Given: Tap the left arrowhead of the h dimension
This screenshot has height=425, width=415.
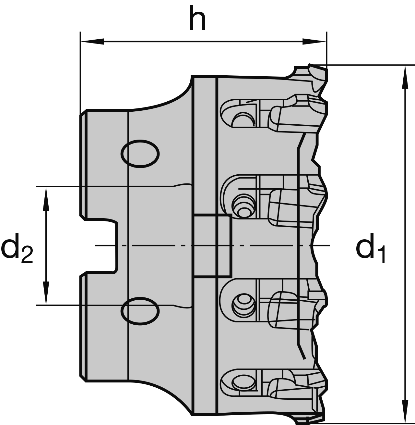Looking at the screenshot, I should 92,42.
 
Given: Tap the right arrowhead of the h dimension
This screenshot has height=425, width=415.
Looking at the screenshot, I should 314,42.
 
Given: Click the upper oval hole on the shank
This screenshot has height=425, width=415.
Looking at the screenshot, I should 140,154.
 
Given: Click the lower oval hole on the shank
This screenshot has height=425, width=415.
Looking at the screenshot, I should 140,311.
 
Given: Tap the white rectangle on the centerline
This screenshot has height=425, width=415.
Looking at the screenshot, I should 212,246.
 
